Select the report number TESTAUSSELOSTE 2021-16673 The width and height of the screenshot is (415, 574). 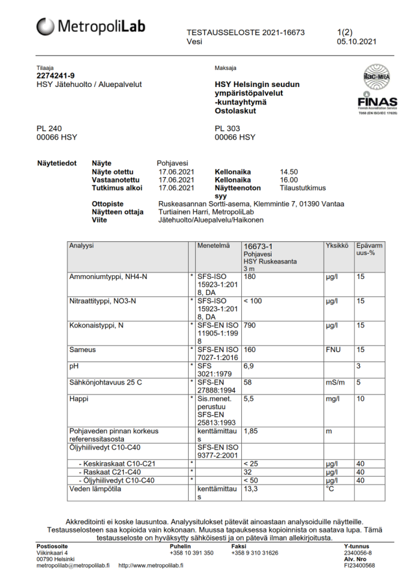246,32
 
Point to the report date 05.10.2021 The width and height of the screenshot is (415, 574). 356,42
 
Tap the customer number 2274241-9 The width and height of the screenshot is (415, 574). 56,76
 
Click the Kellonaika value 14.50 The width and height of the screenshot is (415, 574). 289,171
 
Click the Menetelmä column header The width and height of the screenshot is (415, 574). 214,246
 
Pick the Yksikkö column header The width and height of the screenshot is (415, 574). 337,246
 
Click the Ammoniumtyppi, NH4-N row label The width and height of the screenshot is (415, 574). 108,277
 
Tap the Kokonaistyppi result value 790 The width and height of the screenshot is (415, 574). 250,325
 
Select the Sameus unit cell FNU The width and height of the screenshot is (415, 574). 333,350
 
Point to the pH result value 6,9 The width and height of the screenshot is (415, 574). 250,366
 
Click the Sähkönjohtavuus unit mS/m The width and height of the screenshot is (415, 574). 335,383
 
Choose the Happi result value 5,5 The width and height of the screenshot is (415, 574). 250,399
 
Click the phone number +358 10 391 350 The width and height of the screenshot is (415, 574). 191,553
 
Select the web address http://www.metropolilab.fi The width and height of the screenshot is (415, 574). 150,565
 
